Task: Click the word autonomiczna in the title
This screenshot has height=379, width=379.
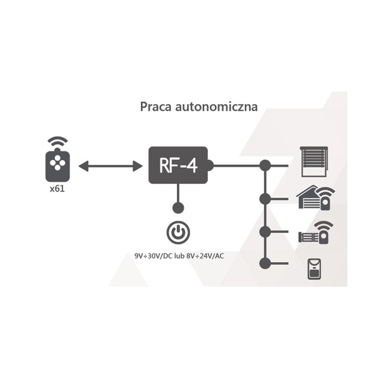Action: click(216, 107)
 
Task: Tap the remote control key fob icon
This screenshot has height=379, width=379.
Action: click(57, 165)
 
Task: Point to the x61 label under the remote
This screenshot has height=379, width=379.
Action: click(57, 188)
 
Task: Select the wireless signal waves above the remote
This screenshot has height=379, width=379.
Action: click(57, 141)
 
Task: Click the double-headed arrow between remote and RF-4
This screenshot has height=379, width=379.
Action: click(111, 166)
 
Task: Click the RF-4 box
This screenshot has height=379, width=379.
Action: click(178, 165)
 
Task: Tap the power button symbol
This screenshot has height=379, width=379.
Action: click(178, 232)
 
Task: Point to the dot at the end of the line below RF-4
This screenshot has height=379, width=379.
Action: click(178, 208)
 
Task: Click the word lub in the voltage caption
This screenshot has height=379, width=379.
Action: click(179, 256)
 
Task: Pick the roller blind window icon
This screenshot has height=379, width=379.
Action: click(314, 162)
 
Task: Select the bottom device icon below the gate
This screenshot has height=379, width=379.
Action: click(314, 269)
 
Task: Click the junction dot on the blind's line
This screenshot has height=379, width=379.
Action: click(265, 165)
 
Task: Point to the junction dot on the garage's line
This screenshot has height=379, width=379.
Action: click(265, 199)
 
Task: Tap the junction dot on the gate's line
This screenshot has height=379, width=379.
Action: click(265, 232)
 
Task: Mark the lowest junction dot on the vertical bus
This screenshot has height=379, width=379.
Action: click(265, 263)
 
